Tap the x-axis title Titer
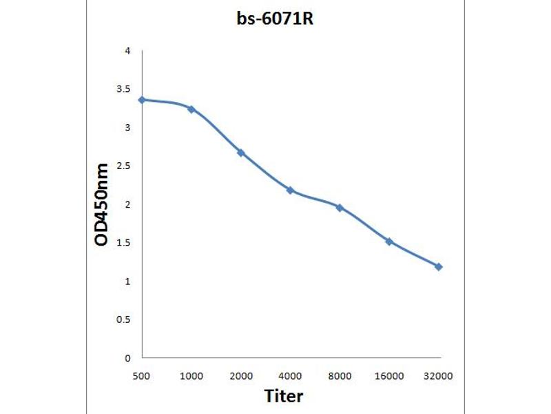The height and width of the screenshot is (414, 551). (x=284, y=396)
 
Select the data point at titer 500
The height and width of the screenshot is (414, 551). (x=142, y=100)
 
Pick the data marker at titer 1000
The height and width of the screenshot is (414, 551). (x=191, y=109)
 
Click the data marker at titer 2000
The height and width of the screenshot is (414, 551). (x=241, y=152)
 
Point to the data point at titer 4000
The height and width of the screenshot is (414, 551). (x=291, y=190)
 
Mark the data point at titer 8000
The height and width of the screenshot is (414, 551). (x=340, y=207)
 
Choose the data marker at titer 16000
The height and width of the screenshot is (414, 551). (x=389, y=241)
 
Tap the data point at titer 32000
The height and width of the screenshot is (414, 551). (x=439, y=266)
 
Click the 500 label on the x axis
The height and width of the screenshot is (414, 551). (x=142, y=375)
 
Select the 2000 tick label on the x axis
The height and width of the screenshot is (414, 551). (x=241, y=375)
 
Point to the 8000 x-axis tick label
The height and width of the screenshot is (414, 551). (x=340, y=375)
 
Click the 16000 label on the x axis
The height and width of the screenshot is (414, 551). (x=389, y=375)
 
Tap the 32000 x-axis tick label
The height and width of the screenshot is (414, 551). (x=439, y=375)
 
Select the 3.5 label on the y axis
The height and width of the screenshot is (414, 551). (x=123, y=89)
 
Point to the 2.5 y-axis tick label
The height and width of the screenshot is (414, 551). (x=123, y=166)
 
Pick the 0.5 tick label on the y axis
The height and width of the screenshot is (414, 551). (x=123, y=320)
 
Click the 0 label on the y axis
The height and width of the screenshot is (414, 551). (x=127, y=358)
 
